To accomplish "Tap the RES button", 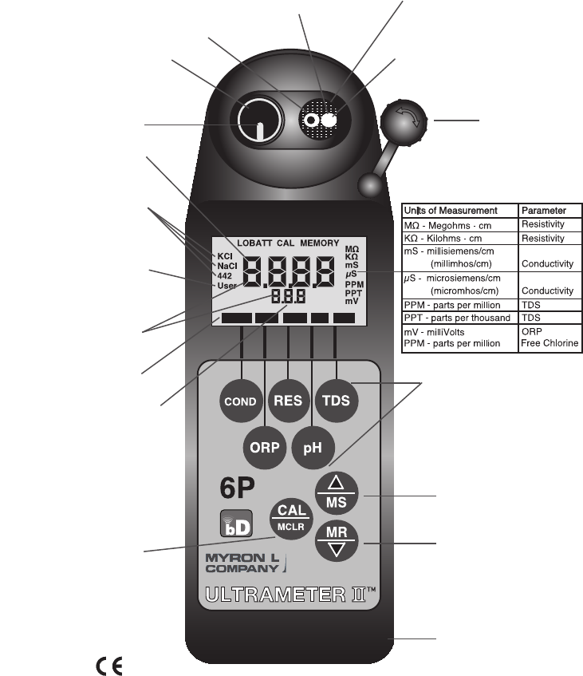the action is click(x=288, y=398).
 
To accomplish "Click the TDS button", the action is click(x=336, y=398).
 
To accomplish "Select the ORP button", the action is click(x=264, y=447).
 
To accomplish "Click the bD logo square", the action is click(x=235, y=523).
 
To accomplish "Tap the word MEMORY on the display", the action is click(x=319, y=243).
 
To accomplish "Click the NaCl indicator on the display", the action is click(x=227, y=265).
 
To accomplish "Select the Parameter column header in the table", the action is click(x=543, y=211).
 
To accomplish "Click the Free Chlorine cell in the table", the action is click(x=550, y=344).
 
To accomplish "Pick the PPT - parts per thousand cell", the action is click(x=458, y=318).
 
